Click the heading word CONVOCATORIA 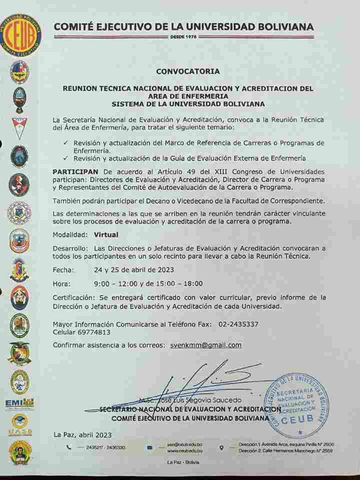click(187, 71)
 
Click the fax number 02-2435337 click(238, 324)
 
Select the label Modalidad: click(70, 233)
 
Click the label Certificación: click(76, 297)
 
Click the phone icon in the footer click(68, 447)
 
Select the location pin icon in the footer click(221, 447)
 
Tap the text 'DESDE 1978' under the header click(183, 37)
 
